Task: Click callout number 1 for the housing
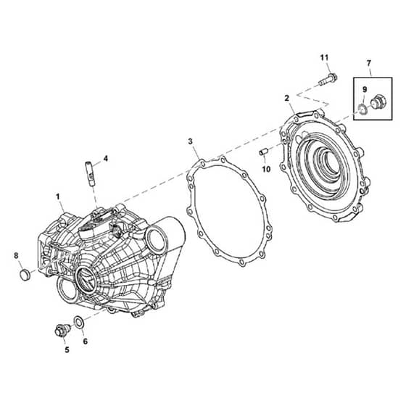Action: click(x=58, y=196)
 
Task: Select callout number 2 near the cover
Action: click(x=286, y=98)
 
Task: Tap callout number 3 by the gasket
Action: click(x=190, y=141)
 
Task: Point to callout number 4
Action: click(x=105, y=159)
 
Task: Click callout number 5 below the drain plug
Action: click(x=67, y=349)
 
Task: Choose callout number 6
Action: click(x=86, y=341)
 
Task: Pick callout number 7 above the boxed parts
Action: click(x=369, y=63)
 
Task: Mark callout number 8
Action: click(x=16, y=256)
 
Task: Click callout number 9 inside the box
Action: click(x=365, y=90)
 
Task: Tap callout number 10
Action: click(x=266, y=169)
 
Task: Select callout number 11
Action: click(x=324, y=57)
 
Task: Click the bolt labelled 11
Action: click(x=328, y=79)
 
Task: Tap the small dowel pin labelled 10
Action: click(x=262, y=152)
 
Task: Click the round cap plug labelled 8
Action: click(x=25, y=275)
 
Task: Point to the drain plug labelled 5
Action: click(x=62, y=330)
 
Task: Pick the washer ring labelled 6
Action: click(x=78, y=321)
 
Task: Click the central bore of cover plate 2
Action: click(x=333, y=162)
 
